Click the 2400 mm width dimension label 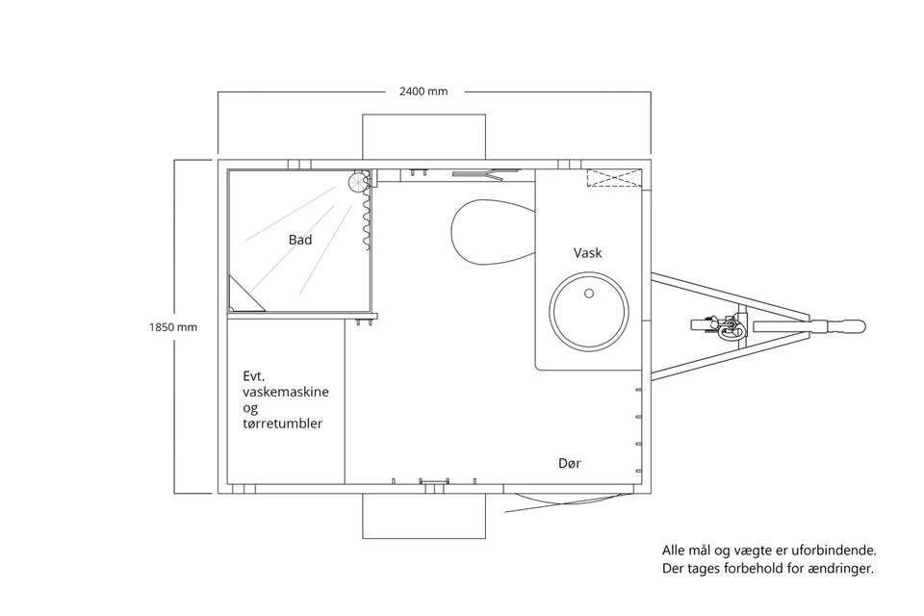pyautogui.click(x=423, y=91)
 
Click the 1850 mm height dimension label pyautogui.click(x=173, y=327)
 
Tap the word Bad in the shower pyautogui.click(x=300, y=240)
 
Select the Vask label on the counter pyautogui.click(x=587, y=253)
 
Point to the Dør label pyautogui.click(x=569, y=463)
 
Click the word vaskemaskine pyautogui.click(x=286, y=392)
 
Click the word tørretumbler pyautogui.click(x=282, y=423)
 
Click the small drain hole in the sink pyautogui.click(x=589, y=293)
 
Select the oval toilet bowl pyautogui.click(x=493, y=232)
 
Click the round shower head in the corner pyautogui.click(x=358, y=182)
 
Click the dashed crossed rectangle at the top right pyautogui.click(x=613, y=177)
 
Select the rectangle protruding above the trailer pyautogui.click(x=423, y=136)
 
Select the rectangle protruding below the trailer pyautogui.click(x=423, y=516)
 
